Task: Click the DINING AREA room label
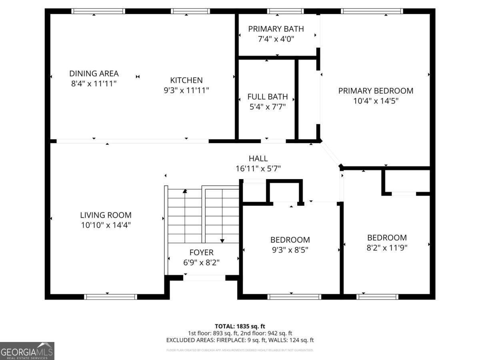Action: [94, 74]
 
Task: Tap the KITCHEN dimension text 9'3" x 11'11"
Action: [186, 90]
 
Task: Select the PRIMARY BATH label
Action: [276, 29]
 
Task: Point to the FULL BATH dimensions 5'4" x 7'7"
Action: [267, 107]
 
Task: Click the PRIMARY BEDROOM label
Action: [376, 91]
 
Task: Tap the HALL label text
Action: [258, 158]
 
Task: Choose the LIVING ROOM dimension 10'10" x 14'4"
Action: [106, 225]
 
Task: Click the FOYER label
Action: [201, 252]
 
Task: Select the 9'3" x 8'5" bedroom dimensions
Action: [290, 250]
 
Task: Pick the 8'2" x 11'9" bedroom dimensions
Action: [387, 248]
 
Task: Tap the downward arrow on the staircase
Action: [222, 240]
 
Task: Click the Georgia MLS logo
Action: [27, 351]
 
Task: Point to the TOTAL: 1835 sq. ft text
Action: [240, 326]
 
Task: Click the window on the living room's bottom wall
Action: [111, 297]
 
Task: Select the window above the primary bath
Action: [285, 11]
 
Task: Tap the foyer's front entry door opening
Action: [204, 278]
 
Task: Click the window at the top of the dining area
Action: [98, 11]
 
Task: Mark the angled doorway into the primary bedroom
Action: [331, 153]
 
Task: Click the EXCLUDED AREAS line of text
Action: [240, 340]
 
